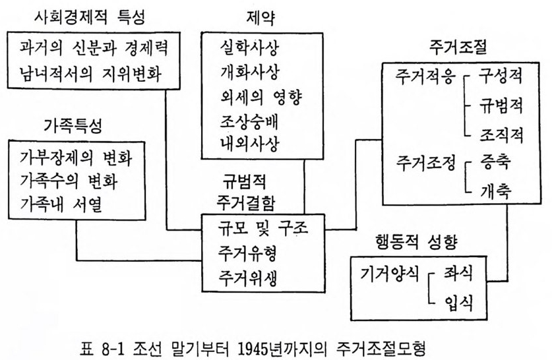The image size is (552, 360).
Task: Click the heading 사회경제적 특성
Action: click(90, 16)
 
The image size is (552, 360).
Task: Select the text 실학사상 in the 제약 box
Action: click(249, 48)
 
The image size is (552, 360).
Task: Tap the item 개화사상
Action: click(249, 72)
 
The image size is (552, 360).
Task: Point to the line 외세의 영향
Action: click(261, 97)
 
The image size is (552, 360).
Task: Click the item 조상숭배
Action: click(249, 121)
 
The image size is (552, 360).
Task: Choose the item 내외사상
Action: click(249, 143)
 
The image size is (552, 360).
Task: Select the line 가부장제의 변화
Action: click(76, 158)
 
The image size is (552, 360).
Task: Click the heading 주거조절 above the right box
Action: click(458, 47)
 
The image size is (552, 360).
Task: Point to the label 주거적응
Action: click(425, 76)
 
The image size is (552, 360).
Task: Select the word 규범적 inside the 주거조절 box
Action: click(501, 105)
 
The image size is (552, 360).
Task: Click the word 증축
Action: click(495, 162)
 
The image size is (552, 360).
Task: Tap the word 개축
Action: click(496, 191)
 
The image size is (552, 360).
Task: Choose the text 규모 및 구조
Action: click(263, 227)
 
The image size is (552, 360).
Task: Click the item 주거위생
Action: click(247, 278)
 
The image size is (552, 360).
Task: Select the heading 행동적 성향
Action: click(416, 242)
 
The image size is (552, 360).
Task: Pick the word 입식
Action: click(458, 303)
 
